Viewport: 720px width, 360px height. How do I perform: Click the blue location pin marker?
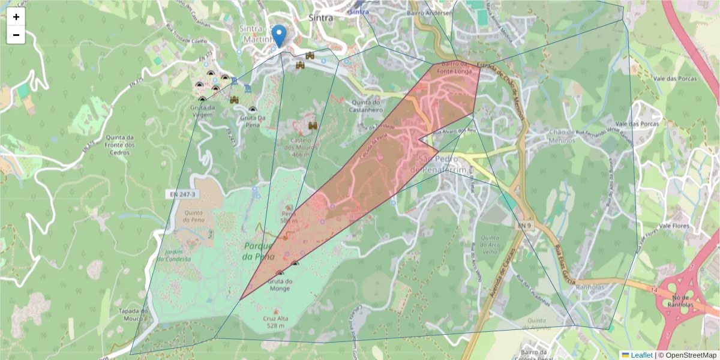(x=279, y=36)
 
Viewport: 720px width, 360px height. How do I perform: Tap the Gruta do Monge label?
(x=280, y=284)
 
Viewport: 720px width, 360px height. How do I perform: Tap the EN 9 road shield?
(x=524, y=225)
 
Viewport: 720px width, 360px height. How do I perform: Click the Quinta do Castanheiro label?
(x=364, y=106)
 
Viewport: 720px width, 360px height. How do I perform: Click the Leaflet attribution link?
(x=641, y=355)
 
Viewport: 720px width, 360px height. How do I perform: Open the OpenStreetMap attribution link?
(x=691, y=355)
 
